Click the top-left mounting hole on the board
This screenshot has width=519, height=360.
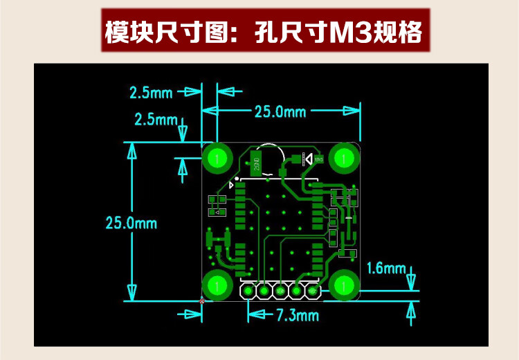218,158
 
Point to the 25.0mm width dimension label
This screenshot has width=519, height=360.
280,111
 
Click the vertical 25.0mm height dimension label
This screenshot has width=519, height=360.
131,223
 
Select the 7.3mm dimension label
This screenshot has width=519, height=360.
298,315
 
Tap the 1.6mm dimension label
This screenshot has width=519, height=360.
386,268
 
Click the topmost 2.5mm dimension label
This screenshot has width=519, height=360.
150,92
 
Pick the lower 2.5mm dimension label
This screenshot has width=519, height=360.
155,119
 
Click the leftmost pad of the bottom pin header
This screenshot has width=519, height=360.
248,291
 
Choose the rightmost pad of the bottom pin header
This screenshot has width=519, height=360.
313,291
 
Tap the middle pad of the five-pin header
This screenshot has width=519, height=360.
280,291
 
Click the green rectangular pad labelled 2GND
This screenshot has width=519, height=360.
257,163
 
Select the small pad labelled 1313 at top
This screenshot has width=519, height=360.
318,159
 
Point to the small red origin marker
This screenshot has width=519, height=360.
202,300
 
